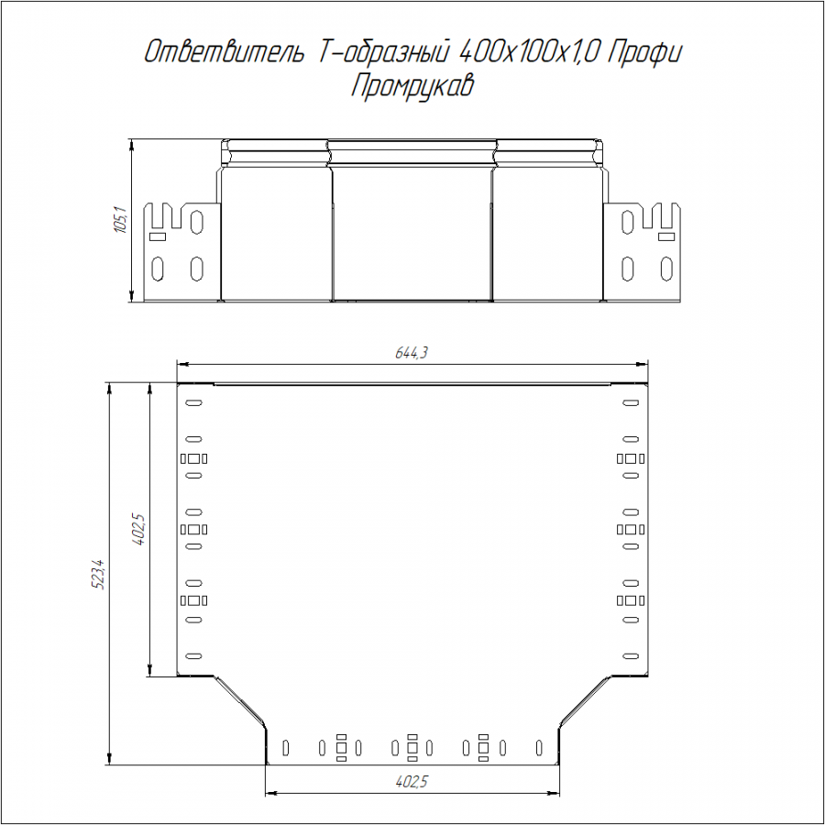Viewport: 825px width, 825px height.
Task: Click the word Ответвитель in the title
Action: pos(224,52)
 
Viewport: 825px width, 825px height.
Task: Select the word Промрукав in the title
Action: pos(412,85)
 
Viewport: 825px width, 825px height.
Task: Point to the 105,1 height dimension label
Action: pos(120,220)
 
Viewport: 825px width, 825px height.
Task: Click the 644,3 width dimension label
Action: pos(412,353)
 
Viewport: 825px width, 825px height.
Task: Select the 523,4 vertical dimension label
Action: pos(99,574)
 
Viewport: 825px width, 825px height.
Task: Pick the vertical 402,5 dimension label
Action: pos(139,529)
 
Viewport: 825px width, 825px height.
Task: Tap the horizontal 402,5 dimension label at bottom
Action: pos(412,782)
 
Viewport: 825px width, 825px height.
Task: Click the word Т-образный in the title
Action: pos(382,52)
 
